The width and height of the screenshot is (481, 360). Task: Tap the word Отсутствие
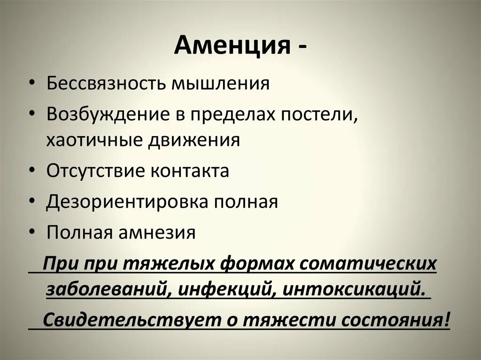point(94,171)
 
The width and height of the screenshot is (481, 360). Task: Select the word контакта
point(190,171)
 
